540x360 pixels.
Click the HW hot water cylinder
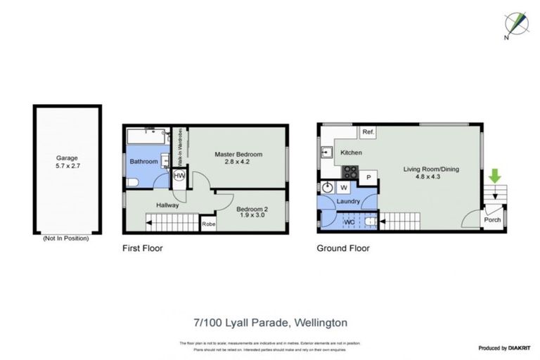[x=179, y=175]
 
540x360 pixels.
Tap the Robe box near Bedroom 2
[x=208, y=225]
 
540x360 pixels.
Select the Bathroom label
[x=144, y=162]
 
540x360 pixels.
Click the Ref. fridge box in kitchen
[x=367, y=131]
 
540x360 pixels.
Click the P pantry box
[x=368, y=178]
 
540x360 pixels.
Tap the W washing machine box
[x=344, y=188]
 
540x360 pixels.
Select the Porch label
[x=492, y=221]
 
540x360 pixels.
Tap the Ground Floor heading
[x=343, y=248]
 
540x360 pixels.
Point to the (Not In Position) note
[x=66, y=238]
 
